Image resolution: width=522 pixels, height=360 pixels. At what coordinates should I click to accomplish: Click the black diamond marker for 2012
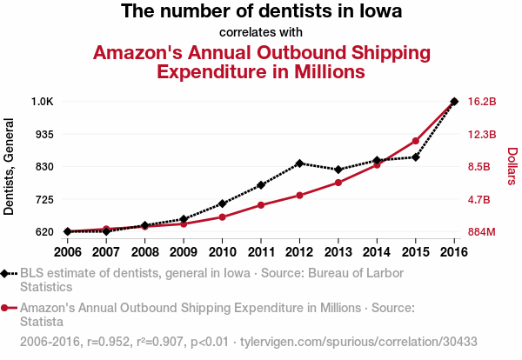point(299,163)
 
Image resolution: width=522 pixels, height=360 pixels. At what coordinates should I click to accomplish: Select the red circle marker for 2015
point(416,141)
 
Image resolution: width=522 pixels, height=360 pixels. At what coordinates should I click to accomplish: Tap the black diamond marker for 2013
point(338,170)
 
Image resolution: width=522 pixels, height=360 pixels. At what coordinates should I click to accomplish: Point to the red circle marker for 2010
point(222,217)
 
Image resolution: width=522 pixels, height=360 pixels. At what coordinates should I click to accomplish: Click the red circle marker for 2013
point(338,183)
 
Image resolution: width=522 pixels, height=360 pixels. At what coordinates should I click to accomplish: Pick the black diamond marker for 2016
point(454,102)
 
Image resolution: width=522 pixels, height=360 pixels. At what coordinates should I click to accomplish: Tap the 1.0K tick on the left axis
point(42,102)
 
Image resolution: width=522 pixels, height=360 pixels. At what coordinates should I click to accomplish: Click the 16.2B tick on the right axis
point(482,102)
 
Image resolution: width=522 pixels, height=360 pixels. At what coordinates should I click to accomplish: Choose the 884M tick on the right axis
point(482,232)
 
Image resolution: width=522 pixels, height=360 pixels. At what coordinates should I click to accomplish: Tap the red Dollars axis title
point(512,166)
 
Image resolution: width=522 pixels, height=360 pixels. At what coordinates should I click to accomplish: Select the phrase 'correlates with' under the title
point(261,33)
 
